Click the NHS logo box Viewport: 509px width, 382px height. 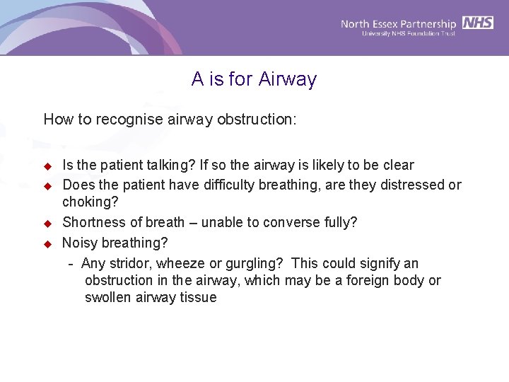pyautogui.click(x=478, y=23)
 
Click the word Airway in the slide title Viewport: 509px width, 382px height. pyautogui.click(x=288, y=79)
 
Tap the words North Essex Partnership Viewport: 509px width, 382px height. pyautogui.click(x=399, y=23)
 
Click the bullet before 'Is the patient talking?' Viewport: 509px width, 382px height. pyautogui.click(x=48, y=166)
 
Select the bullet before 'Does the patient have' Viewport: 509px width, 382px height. pyautogui.click(x=48, y=186)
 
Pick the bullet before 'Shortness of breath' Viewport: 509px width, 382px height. pyautogui.click(x=48, y=223)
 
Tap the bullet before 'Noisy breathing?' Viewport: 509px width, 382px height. pyautogui.click(x=48, y=243)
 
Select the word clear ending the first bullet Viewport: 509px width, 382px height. pyautogui.click(x=398, y=166)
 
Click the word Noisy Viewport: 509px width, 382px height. pyautogui.click(x=79, y=243)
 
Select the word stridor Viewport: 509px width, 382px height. pyautogui.click(x=124, y=263)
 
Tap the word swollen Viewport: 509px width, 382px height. pyautogui.click(x=107, y=297)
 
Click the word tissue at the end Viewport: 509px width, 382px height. pyautogui.click(x=199, y=297)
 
